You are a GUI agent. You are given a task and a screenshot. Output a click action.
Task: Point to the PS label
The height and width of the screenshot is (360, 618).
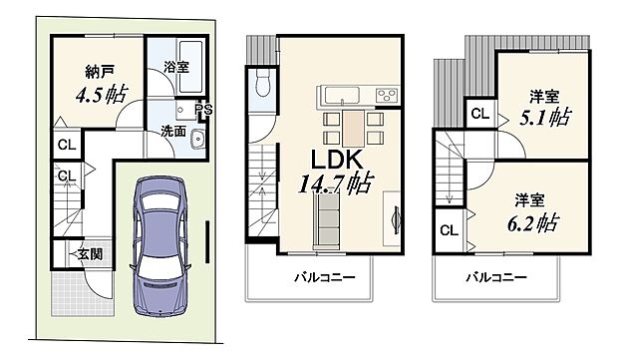203,111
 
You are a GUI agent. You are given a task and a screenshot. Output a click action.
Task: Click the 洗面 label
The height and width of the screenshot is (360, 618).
172,131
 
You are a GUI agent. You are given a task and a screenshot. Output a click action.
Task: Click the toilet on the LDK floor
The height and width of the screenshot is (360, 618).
263,86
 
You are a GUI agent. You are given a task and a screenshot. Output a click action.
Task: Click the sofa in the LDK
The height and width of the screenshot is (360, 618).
327,212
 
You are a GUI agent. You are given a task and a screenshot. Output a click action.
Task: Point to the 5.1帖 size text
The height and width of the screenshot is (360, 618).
543,118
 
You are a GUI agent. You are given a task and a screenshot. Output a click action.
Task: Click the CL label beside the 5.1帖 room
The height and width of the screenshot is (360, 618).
479,114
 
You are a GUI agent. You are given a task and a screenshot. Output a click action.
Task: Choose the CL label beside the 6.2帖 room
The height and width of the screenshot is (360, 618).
448,231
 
